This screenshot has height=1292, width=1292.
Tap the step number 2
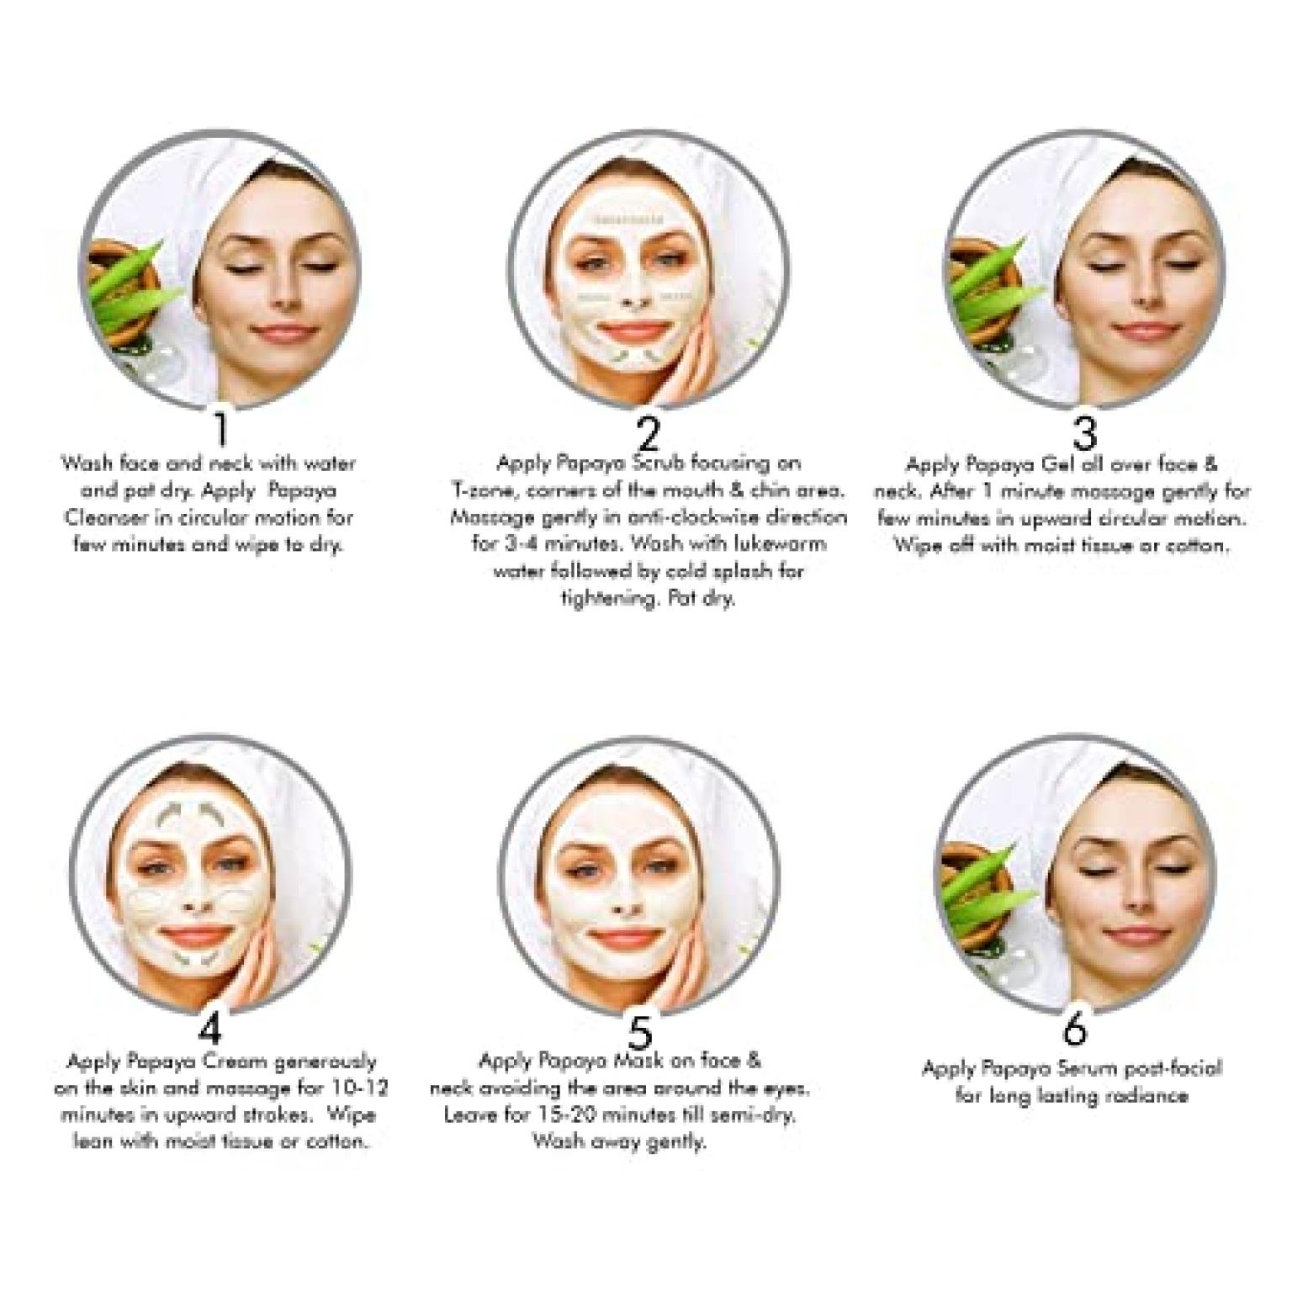(x=648, y=433)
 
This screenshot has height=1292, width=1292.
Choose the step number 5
(x=640, y=1031)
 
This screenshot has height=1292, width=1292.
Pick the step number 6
(x=1075, y=1028)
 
